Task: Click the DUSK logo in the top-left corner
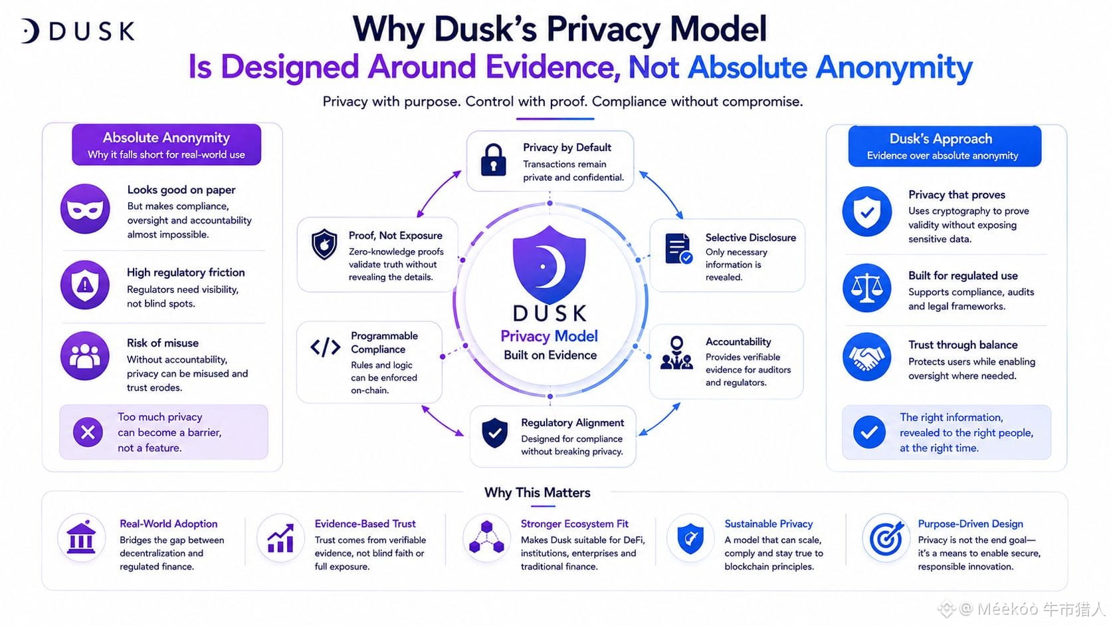point(78,31)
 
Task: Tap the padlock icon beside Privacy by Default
point(494,160)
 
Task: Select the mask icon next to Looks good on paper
point(85,209)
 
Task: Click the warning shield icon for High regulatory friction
point(85,285)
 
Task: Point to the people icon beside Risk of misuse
point(85,356)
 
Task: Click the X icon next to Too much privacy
point(88,432)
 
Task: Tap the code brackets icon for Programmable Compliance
point(326,347)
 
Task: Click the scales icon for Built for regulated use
point(867,288)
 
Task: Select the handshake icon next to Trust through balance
point(867,357)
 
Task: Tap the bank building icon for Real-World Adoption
point(81,538)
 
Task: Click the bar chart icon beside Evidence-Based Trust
point(280,538)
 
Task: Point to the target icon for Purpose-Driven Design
point(886,538)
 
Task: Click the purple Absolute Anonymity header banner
point(167,144)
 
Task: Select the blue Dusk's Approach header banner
point(945,146)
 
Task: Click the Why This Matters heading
point(537,492)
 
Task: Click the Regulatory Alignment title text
point(572,422)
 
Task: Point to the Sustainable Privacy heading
point(768,524)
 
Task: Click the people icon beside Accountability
point(676,353)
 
